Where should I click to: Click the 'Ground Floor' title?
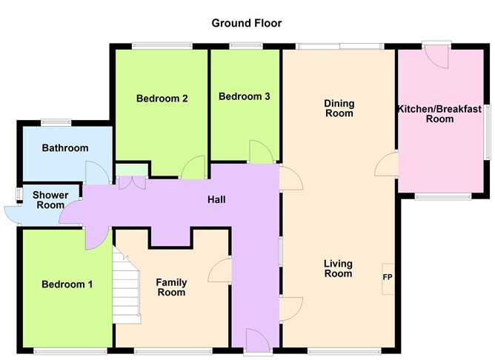pos(247,23)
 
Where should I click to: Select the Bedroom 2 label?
pos(162,99)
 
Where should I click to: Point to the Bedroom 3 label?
pos(245,96)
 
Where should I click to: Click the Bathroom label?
pos(65,147)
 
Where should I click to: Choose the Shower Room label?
pos(50,200)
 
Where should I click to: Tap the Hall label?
pos(216,199)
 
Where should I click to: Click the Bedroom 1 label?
pos(67,284)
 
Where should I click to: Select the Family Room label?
pos(171,287)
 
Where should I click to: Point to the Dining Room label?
pos(339,108)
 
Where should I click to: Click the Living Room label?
pos(338,268)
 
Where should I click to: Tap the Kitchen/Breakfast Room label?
pos(439,114)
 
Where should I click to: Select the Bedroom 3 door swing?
pos(262,152)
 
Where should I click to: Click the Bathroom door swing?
pos(98,173)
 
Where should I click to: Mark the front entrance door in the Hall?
pos(258,340)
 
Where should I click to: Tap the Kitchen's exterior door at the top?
pos(436,56)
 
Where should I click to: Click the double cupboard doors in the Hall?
pos(132,183)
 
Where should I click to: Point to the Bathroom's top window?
pos(56,121)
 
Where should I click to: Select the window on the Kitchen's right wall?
pos(488,132)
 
